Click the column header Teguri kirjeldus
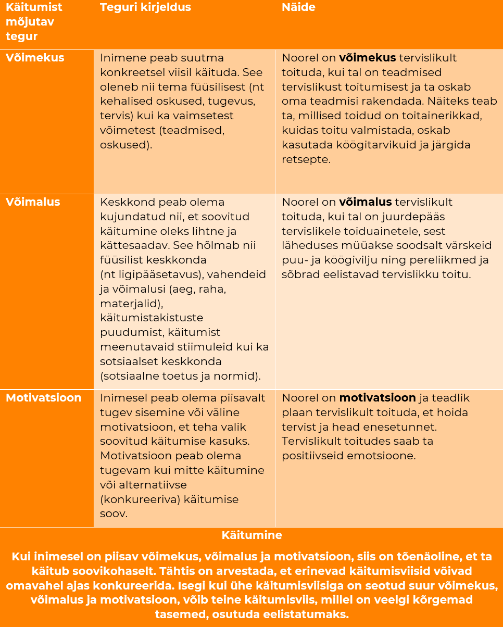[145, 7]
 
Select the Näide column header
[298, 7]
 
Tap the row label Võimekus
[35, 58]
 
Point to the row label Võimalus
[33, 202]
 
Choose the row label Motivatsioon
[44, 398]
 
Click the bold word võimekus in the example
[368, 58]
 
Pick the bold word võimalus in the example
[366, 202]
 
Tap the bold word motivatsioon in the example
[378, 398]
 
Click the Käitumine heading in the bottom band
[251, 535]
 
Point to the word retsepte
[306, 159]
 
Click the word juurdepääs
[416, 217]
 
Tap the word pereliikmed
[443, 260]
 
